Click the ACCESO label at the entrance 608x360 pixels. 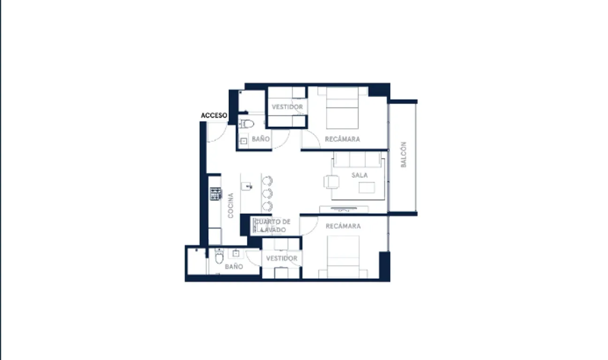pyautogui.click(x=214, y=115)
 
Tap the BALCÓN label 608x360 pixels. pyautogui.click(x=403, y=155)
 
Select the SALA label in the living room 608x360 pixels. pyautogui.click(x=360, y=175)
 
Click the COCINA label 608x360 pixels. pyautogui.click(x=231, y=205)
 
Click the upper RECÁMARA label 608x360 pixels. pyautogui.click(x=342, y=139)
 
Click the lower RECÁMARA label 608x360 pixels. pyautogui.click(x=343, y=226)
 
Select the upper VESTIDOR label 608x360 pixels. pyautogui.click(x=287, y=107)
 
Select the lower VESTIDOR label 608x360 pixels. pyautogui.click(x=281, y=258)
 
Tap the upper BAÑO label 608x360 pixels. pyautogui.click(x=260, y=139)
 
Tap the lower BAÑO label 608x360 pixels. pyautogui.click(x=234, y=267)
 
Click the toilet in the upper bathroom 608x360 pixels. pyautogui.click(x=246, y=124)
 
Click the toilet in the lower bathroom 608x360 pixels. pyautogui.click(x=219, y=256)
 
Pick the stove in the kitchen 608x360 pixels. pyautogui.click(x=215, y=194)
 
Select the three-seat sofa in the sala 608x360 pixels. pyautogui.click(x=357, y=160)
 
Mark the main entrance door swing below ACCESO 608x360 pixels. pyautogui.click(x=217, y=133)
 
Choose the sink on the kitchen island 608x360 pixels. pyautogui.click(x=247, y=186)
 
